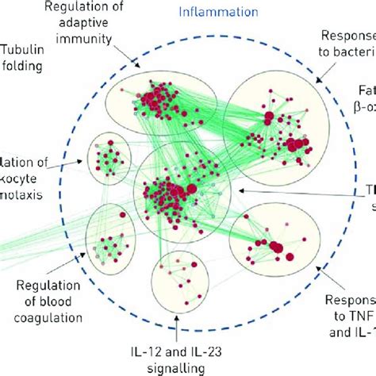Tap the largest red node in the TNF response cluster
276,250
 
